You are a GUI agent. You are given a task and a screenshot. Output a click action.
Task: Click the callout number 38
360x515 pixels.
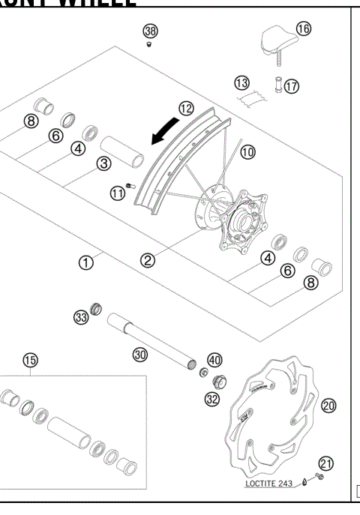click(x=151, y=31)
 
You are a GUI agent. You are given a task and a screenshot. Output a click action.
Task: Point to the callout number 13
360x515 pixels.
click(x=241, y=81)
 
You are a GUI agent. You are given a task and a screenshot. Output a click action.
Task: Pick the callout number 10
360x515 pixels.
click(x=247, y=151)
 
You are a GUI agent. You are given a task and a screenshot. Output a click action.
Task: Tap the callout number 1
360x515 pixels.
click(x=87, y=262)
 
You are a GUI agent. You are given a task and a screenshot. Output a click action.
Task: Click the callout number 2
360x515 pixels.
click(x=148, y=260)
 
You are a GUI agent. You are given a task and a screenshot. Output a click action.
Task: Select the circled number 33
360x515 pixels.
click(x=81, y=317)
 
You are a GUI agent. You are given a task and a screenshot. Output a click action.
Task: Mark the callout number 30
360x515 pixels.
click(x=139, y=355)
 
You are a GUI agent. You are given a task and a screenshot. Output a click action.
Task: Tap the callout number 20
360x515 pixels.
click(x=327, y=405)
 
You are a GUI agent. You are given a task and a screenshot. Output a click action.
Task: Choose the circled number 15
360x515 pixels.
click(x=29, y=361)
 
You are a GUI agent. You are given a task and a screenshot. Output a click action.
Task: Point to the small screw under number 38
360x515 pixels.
click(x=149, y=45)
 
